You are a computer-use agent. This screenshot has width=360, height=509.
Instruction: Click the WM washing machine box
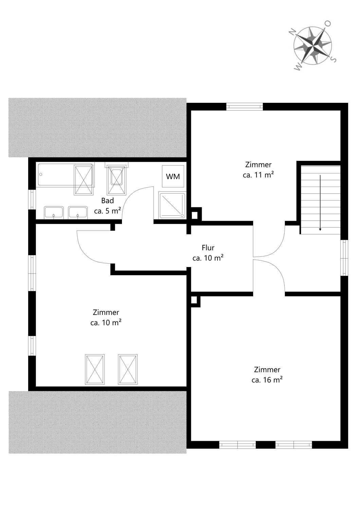(x=173, y=176)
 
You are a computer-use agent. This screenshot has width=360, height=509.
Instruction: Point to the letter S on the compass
(x=334, y=59)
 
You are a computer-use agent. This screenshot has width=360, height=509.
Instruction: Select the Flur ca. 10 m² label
(x=208, y=253)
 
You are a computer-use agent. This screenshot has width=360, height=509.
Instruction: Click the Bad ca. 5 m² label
(x=107, y=206)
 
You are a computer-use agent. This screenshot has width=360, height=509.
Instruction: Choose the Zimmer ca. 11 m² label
(x=258, y=170)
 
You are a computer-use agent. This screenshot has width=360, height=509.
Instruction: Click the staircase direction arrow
(x=320, y=203)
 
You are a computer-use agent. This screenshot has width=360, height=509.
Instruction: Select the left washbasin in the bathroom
(x=54, y=212)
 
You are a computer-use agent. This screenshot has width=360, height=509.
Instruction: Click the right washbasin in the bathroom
(x=78, y=212)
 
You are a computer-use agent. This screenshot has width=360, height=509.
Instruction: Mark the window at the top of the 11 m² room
(x=245, y=106)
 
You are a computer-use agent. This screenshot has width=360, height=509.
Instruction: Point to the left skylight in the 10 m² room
(x=95, y=369)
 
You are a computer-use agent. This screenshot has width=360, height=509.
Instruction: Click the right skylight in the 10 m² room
(x=128, y=369)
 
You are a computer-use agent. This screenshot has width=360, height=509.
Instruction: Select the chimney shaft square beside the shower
(x=195, y=215)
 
